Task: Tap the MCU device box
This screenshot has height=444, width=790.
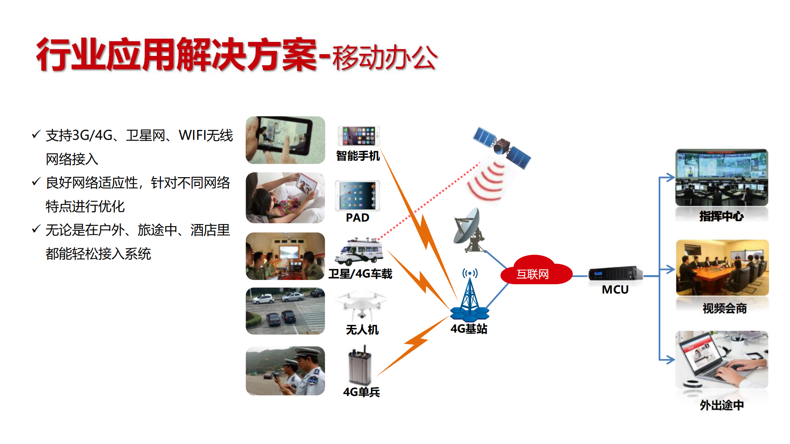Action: coord(616,273)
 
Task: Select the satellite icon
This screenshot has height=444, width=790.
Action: coord(502,147)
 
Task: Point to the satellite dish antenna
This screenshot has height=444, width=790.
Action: coord(469,230)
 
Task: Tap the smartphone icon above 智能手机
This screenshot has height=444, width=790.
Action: coord(358,136)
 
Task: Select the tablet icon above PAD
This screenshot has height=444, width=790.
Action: coord(357,195)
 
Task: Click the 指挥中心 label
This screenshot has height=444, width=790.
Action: coord(721,216)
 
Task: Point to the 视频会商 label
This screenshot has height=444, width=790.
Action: coord(725,308)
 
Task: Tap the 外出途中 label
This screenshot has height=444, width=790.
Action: coord(722,405)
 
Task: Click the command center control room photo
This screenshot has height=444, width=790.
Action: coord(722,177)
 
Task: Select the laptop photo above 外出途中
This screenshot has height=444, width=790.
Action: coord(722,360)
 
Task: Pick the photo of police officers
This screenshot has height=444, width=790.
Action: coord(285,371)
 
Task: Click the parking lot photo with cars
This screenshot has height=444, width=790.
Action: coord(285,311)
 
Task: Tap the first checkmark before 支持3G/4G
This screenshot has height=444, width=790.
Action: coord(36,134)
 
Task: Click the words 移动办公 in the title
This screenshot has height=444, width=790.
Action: coord(385,58)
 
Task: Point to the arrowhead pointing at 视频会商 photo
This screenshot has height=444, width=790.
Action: coord(671,269)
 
